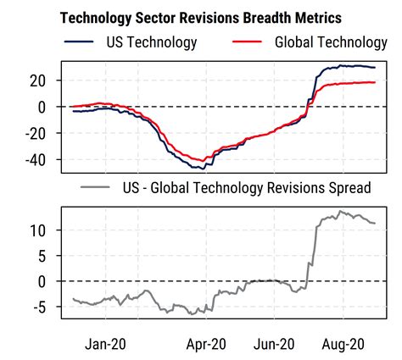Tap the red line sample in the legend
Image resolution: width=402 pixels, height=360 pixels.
[x=248, y=42]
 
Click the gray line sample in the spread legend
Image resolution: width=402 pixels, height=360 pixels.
[x=97, y=187]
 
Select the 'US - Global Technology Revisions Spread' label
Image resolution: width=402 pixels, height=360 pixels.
[x=246, y=187]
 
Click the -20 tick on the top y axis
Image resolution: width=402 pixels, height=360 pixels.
[x=43, y=133]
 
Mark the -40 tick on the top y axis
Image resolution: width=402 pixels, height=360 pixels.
[x=43, y=159]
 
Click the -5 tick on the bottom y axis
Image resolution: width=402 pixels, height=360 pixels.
[x=47, y=307]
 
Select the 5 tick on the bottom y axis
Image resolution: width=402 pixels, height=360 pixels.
[x=51, y=256]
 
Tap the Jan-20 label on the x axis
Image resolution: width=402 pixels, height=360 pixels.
[x=107, y=344]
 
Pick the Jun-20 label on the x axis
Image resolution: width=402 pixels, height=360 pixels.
[x=274, y=344]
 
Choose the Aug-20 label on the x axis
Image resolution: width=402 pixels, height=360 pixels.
[x=343, y=344]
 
